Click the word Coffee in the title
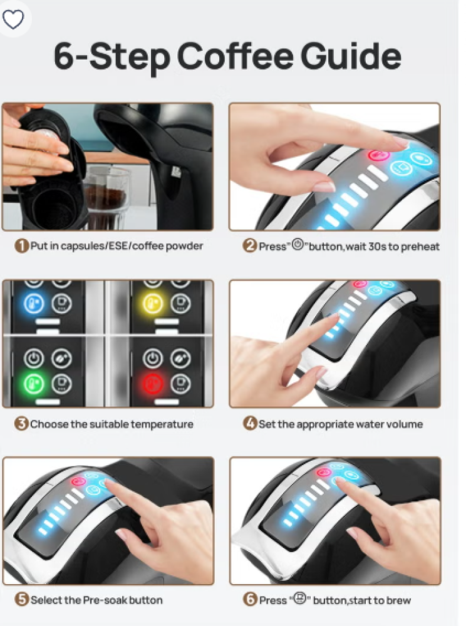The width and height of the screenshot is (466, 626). point(235,56)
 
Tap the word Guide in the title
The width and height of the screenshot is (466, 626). point(350,56)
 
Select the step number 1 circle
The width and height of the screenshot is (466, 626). point(21,245)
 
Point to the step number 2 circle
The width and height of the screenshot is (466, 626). point(249,245)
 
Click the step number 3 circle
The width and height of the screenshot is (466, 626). point(21,424)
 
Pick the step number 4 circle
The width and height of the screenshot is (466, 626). point(249,423)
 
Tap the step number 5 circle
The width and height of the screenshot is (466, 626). point(21,599)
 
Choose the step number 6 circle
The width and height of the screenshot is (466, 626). point(249,599)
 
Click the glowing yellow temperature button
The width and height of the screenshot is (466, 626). point(153,304)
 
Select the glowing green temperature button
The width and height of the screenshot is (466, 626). point(33,384)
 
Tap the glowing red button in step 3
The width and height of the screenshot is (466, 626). point(153,384)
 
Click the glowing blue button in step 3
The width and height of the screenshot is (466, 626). point(34,304)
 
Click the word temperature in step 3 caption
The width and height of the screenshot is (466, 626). point(162,424)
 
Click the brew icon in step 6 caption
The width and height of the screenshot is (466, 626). point(300,598)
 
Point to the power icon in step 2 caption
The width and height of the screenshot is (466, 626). point(298,244)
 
